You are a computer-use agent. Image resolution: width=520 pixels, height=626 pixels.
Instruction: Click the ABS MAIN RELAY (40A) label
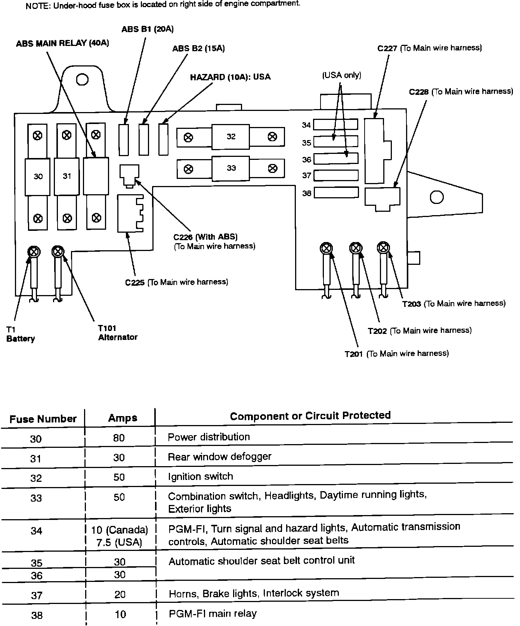point(62,44)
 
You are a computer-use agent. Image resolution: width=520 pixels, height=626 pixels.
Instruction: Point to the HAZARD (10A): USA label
point(230,77)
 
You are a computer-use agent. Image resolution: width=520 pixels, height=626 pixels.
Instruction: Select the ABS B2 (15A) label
point(198,49)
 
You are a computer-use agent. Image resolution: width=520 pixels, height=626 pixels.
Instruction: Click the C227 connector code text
point(387,49)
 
